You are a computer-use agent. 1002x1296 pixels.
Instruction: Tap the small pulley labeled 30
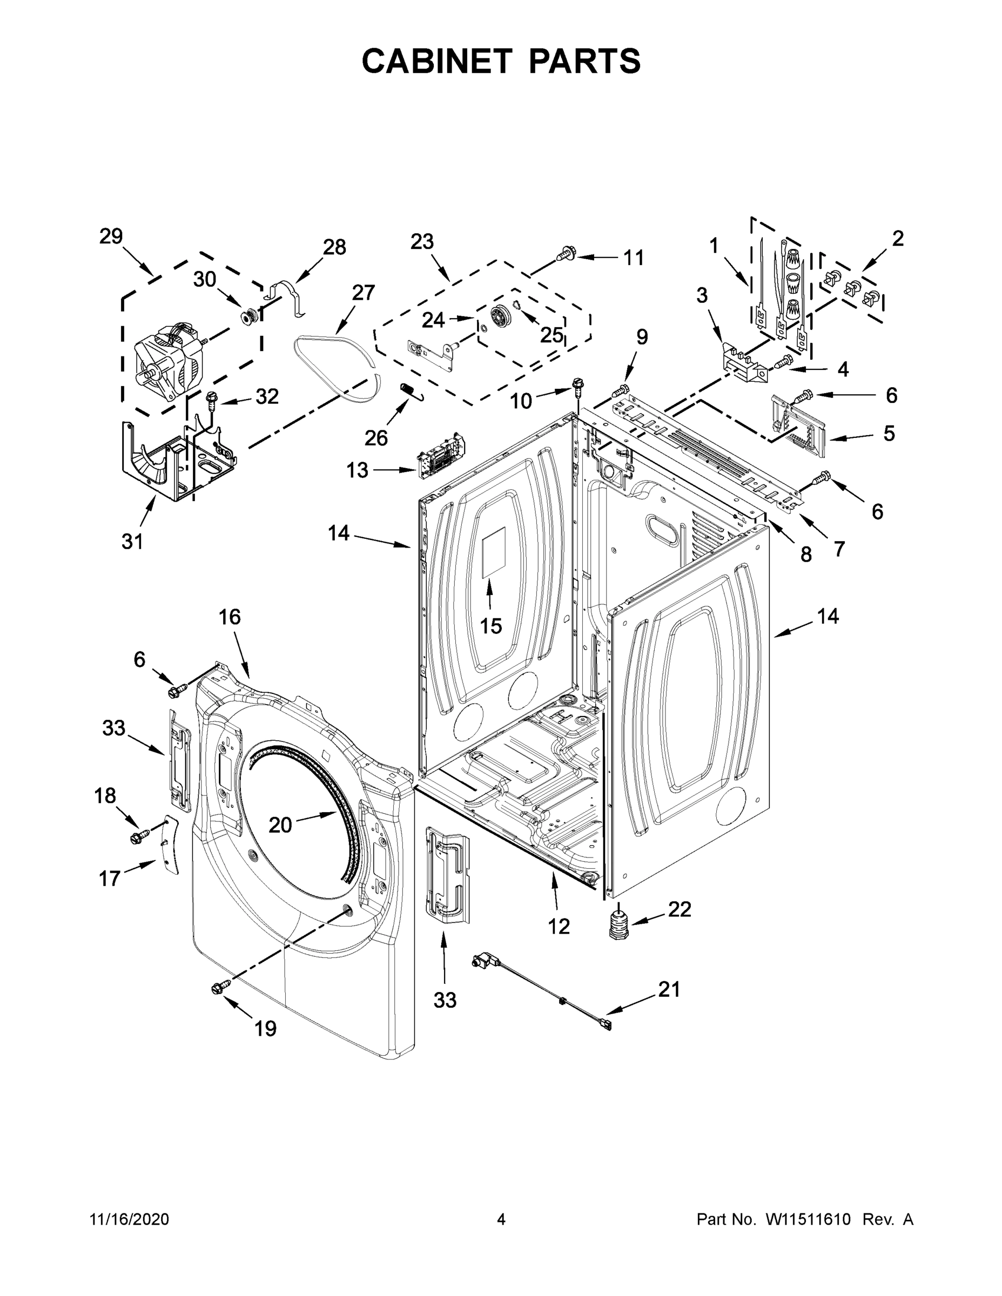coord(248,316)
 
